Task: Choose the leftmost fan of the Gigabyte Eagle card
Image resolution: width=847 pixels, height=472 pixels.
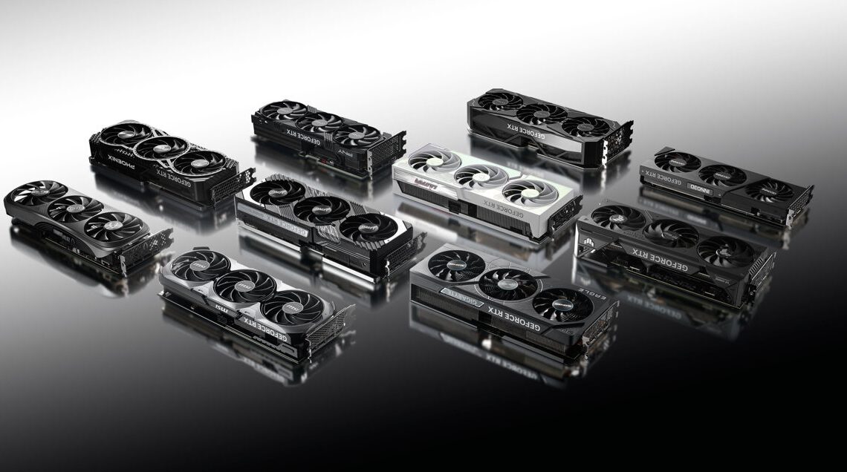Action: tap(447, 264)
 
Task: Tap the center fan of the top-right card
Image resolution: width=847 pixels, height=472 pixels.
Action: tap(541, 114)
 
